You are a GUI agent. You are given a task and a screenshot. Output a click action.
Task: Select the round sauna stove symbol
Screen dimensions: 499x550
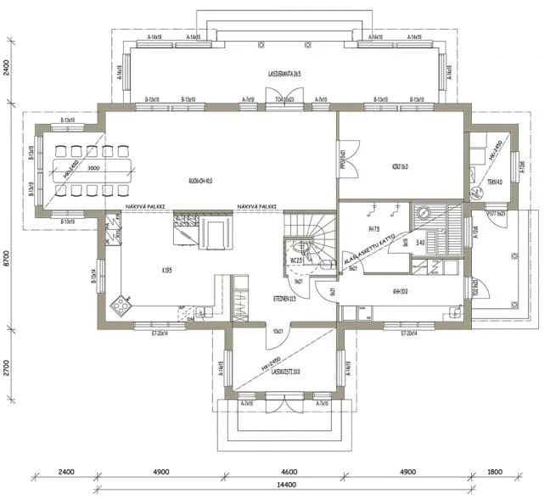click(422, 211)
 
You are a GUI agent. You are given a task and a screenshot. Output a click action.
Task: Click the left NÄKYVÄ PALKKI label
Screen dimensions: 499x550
click(144, 206)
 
